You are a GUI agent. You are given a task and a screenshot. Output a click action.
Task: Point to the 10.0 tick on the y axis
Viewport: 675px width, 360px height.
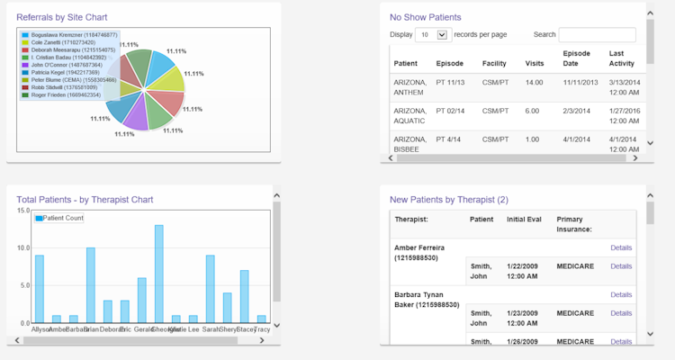click(x=23, y=247)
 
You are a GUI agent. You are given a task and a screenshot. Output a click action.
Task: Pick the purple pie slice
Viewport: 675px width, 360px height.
click(x=134, y=114)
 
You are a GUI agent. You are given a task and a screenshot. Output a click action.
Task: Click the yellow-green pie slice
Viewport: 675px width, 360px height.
click(x=167, y=83)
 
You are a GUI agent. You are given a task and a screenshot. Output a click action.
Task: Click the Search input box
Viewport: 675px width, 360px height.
click(x=597, y=35)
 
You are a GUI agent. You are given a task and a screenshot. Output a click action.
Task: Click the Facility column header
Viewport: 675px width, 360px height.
click(x=493, y=64)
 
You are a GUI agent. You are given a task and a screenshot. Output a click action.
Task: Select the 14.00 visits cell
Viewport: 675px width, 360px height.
click(x=534, y=83)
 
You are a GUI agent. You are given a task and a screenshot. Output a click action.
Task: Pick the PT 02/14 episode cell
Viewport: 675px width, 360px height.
click(x=450, y=111)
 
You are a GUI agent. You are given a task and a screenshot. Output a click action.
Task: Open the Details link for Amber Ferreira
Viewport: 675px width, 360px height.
click(x=621, y=247)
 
